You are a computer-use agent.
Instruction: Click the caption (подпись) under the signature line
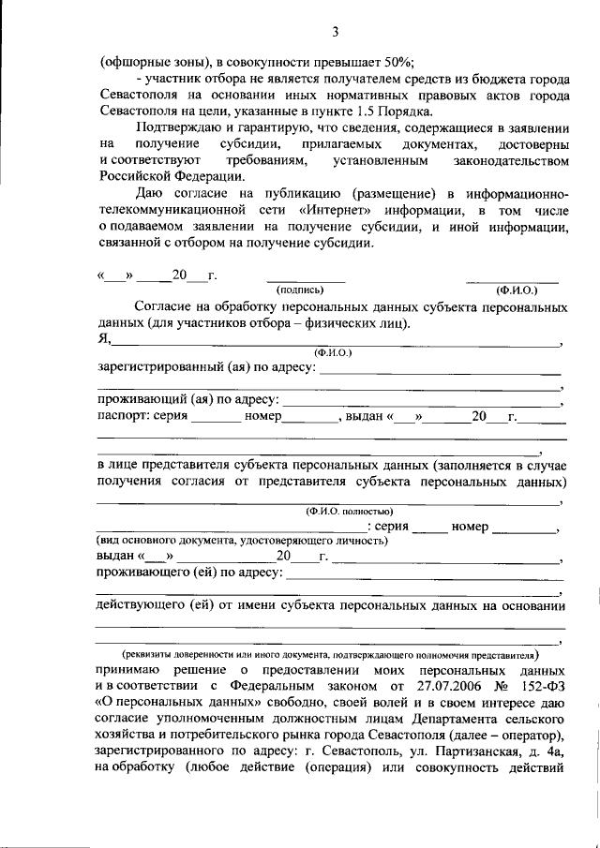[305, 290]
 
